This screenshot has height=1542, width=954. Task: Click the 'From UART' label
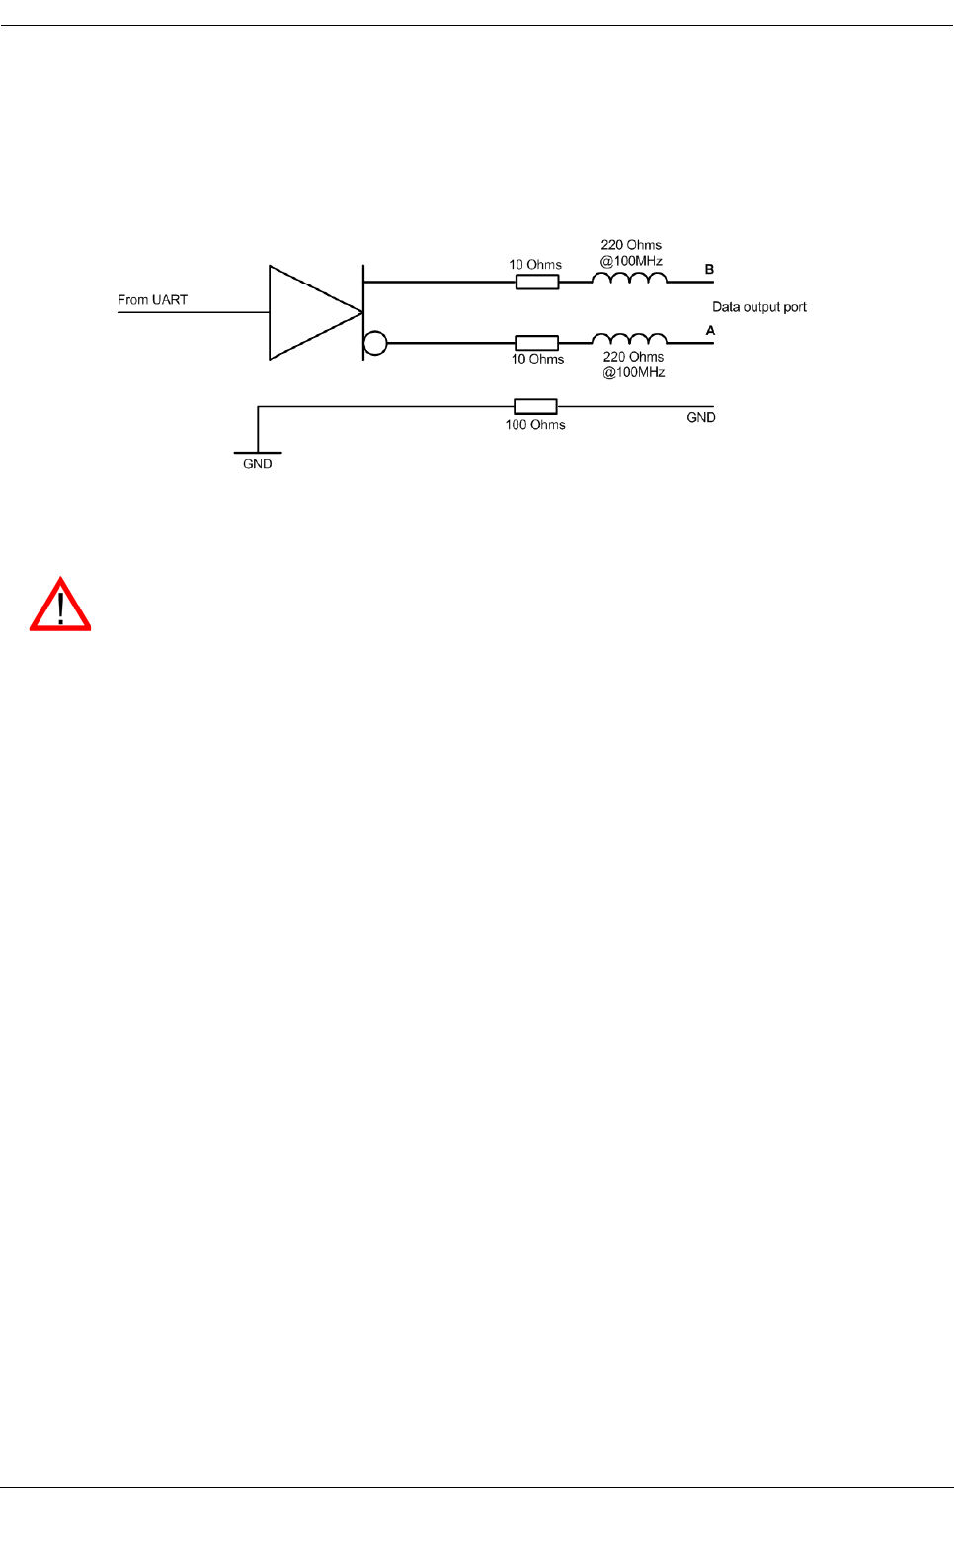tap(152, 300)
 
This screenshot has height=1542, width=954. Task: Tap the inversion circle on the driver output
tap(375, 343)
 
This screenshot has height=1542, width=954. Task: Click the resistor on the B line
tap(537, 282)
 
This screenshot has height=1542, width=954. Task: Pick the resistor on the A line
tap(537, 343)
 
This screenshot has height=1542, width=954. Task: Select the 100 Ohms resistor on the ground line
tap(535, 406)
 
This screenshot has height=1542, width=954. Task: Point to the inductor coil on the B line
tap(629, 280)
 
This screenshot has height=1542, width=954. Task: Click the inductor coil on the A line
tap(629, 340)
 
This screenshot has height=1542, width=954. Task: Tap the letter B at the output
tap(709, 269)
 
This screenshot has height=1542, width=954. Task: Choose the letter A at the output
tap(710, 330)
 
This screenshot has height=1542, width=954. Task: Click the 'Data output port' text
tap(759, 307)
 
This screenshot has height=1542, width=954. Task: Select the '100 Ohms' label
tap(535, 425)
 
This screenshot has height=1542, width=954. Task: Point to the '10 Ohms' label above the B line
tap(535, 265)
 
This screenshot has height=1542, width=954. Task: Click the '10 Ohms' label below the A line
tap(537, 359)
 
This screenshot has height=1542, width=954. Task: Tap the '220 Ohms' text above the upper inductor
tap(631, 245)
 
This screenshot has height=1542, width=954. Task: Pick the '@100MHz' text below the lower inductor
tap(634, 372)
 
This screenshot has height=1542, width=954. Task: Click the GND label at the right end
tap(701, 418)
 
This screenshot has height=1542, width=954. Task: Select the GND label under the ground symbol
tap(258, 464)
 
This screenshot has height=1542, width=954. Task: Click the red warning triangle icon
tap(60, 606)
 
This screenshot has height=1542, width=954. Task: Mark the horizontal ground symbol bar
tap(258, 453)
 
